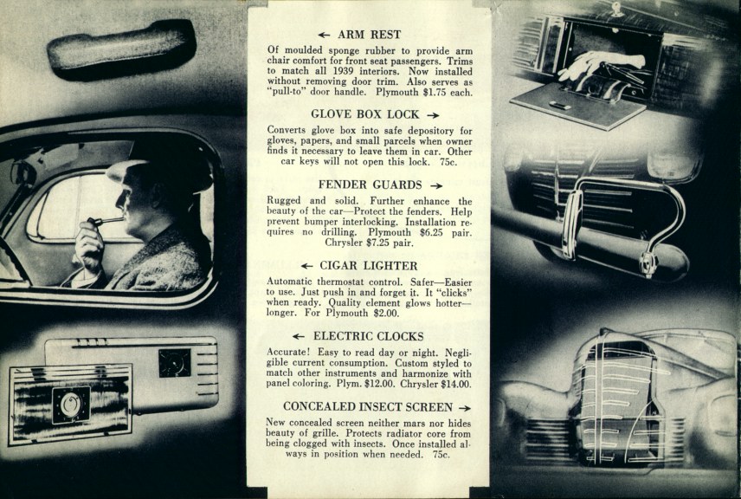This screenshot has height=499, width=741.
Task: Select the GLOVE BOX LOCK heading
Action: coord(366,113)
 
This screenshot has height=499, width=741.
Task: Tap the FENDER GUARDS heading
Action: coord(370,185)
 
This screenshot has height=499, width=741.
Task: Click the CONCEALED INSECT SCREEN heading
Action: coord(368,406)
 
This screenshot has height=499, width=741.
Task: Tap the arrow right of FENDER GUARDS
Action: coord(436,185)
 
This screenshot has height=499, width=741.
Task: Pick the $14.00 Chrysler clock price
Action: coord(455,383)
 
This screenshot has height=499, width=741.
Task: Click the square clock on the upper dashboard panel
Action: coord(174,362)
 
